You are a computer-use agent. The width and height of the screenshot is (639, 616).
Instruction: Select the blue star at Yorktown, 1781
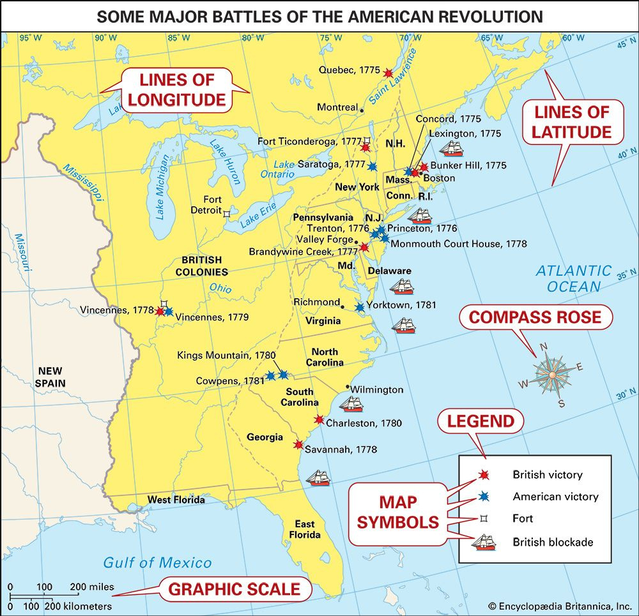(360, 306)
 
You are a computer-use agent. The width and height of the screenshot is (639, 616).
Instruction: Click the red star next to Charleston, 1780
(319, 419)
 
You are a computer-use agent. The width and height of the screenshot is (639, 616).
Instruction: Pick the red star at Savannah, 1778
(298, 444)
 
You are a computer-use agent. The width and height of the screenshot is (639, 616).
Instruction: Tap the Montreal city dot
(362, 110)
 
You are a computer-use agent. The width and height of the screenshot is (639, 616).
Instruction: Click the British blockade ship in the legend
(484, 542)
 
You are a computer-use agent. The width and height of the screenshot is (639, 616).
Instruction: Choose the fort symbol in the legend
(484, 518)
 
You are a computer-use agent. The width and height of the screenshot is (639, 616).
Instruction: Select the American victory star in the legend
(484, 496)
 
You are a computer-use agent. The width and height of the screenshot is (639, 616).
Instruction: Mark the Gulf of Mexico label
(157, 562)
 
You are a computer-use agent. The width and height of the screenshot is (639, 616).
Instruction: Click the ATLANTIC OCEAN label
(573, 279)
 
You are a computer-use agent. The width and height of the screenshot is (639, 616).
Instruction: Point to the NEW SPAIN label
(52, 377)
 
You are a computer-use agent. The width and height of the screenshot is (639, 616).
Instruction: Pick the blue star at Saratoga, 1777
(372, 165)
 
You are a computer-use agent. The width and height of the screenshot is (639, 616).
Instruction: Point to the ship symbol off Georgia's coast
(318, 477)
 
